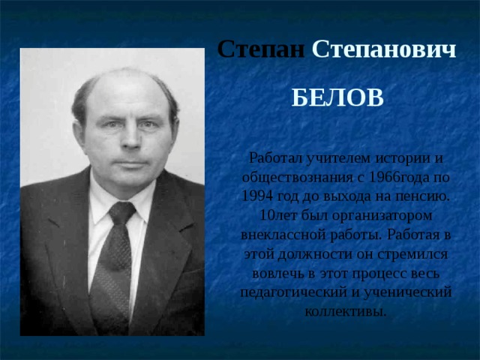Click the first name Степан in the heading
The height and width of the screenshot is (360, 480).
[260, 50]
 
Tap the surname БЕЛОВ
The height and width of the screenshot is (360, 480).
[337, 97]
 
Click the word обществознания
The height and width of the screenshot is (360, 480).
[302, 178]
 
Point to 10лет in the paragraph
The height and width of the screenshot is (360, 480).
[274, 216]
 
